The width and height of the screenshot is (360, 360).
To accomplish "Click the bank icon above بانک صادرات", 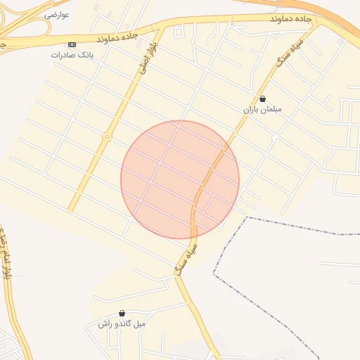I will [x=71, y=44].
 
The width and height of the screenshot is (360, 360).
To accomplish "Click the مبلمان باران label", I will [x=262, y=110].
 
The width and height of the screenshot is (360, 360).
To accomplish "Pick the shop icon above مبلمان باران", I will [x=262, y=100].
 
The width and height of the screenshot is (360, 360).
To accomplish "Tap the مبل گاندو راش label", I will [x=122, y=324].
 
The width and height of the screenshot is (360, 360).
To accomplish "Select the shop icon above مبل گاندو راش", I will [x=122, y=314].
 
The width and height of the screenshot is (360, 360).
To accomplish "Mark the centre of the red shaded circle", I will [x=180, y=179].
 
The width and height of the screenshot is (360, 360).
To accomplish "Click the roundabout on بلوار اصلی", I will [x=108, y=137].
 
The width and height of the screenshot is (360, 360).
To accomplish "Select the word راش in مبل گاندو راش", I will [x=105, y=324].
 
